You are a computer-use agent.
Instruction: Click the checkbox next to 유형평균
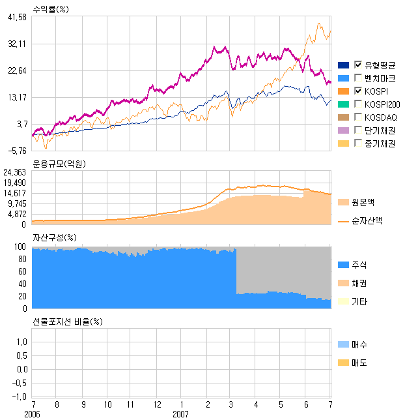coord(357,65)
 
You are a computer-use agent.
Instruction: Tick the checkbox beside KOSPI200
coord(357,104)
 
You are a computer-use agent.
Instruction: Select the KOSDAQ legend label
coord(381,117)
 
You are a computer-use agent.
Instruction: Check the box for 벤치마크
coord(357,78)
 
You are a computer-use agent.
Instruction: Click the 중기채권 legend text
coord(380,143)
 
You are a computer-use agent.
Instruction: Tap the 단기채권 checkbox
coord(357,130)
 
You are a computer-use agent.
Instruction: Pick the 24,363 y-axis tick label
coord(15,173)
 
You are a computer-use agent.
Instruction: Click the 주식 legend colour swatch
coord(343,265)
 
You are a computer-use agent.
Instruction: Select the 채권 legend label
coord(359,284)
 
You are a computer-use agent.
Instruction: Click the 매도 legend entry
coord(359,363)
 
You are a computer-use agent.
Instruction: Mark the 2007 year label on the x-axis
coord(181,414)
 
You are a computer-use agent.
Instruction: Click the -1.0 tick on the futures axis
coord(20,397)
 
